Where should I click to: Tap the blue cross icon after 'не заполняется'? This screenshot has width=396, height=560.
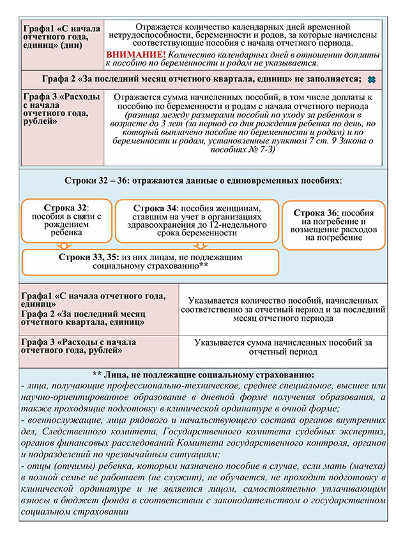coord(369,80)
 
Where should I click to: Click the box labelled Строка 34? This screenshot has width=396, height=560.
coord(195,220)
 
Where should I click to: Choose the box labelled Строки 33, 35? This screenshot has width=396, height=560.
coord(151,261)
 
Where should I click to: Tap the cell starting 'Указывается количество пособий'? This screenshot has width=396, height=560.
coord(282,308)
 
